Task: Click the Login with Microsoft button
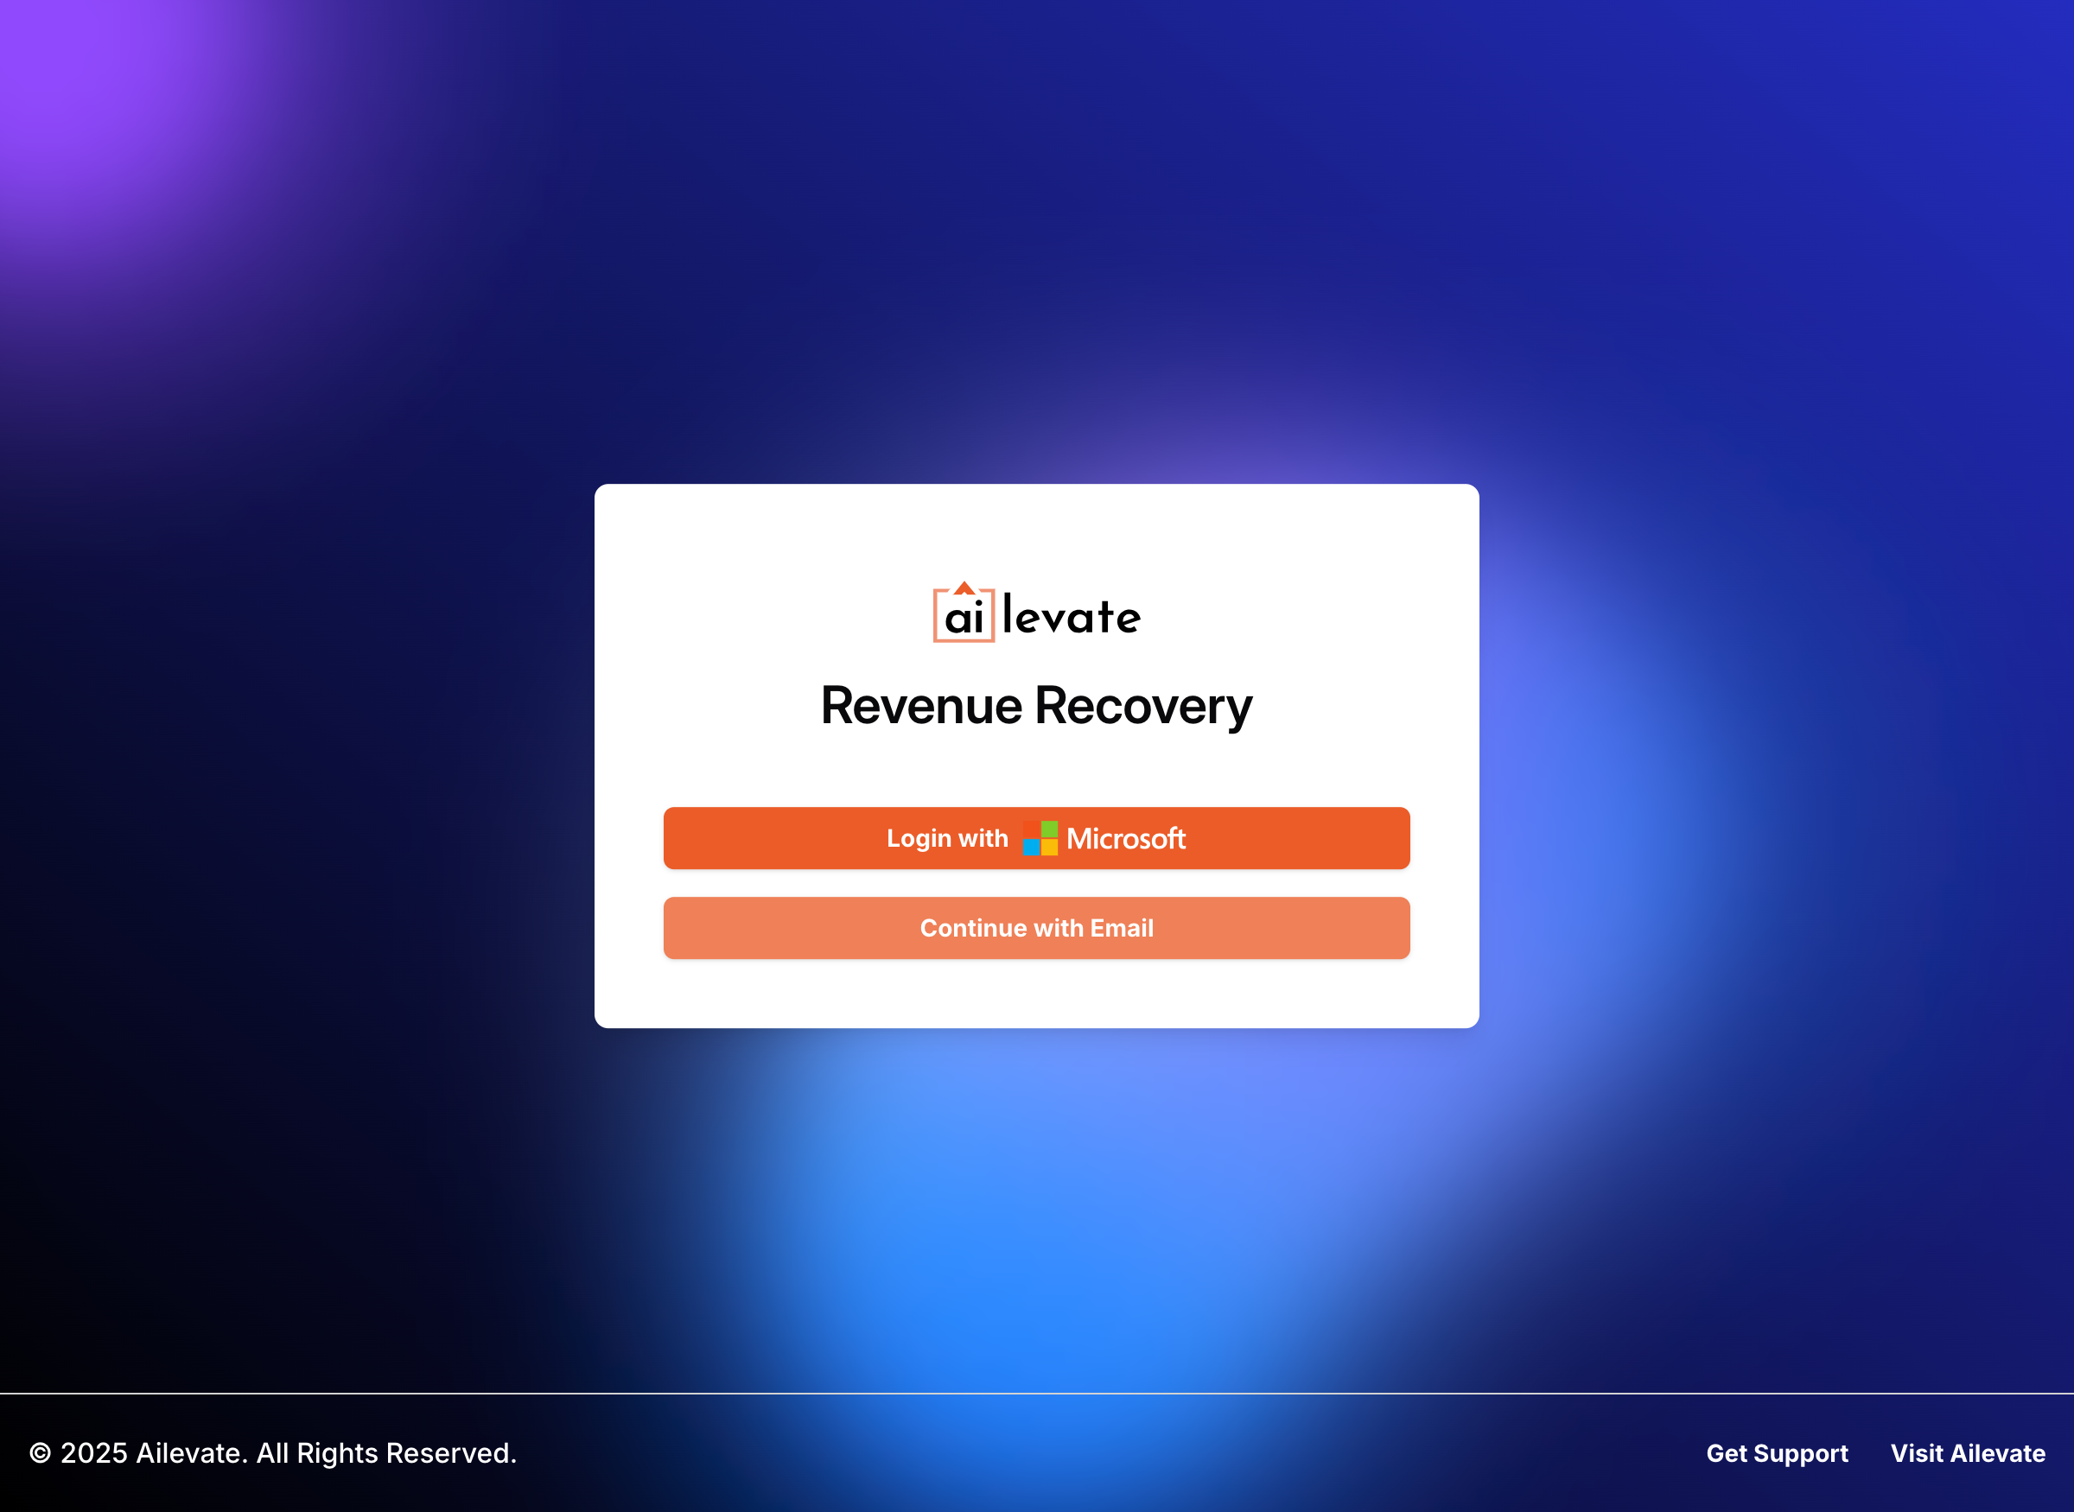click(1036, 837)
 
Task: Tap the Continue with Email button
click(1036, 927)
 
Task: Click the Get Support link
click(1777, 1452)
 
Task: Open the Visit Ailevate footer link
click(1967, 1452)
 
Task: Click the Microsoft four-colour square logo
click(1040, 837)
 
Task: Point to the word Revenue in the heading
click(920, 706)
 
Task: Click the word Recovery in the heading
click(1143, 706)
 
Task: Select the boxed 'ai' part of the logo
click(964, 617)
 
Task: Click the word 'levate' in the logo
click(1072, 616)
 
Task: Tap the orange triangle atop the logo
click(964, 588)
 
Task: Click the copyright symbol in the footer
click(40, 1452)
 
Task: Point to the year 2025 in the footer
click(93, 1452)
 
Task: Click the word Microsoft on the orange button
click(1126, 838)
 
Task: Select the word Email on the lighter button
click(1121, 927)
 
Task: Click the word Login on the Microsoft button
click(919, 838)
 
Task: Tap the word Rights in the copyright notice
click(337, 1452)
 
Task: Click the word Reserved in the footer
click(451, 1452)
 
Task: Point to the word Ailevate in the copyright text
click(191, 1452)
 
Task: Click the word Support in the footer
click(1800, 1452)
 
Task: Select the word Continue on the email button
click(973, 927)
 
